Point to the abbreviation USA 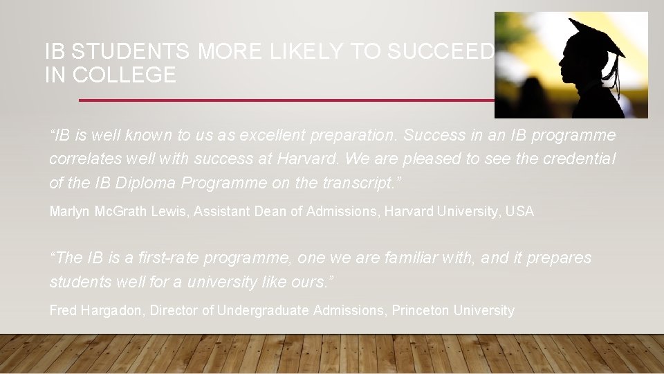(x=522, y=211)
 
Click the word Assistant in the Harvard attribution (x=223, y=211)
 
